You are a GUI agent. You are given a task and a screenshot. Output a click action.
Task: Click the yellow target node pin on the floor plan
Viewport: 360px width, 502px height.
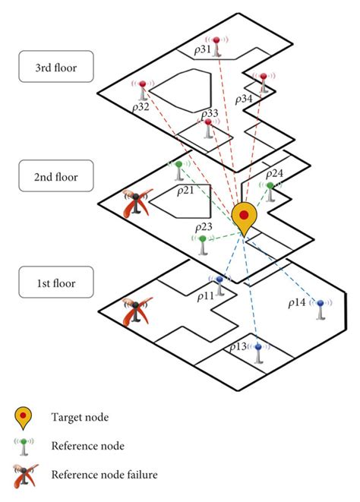pos(244,217)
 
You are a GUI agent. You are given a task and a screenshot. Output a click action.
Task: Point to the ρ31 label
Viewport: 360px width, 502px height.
pos(202,49)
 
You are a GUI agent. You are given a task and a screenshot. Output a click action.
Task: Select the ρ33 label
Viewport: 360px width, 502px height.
pos(209,113)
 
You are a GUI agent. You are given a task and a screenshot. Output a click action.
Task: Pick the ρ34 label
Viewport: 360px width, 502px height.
pos(243,99)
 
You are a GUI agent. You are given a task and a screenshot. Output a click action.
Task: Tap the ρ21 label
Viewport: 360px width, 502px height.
pos(185,190)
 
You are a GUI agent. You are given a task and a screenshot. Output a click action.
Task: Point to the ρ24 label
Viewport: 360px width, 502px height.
pos(275,173)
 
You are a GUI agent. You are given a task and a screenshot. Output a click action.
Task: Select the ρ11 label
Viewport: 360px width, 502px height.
pos(204,295)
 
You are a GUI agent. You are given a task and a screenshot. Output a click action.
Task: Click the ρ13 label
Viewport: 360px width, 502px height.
pos(237,346)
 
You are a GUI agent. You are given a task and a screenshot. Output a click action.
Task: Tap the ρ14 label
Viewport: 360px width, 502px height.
pos(297,302)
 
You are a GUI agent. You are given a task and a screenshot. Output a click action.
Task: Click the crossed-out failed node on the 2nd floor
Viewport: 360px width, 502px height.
pos(136,203)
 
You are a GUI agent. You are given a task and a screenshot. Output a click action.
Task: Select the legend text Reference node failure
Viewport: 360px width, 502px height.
pos(104,475)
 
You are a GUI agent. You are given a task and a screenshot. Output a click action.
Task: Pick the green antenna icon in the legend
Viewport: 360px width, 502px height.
pos(24,446)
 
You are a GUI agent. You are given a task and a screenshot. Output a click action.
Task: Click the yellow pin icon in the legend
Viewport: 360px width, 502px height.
pos(24,416)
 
